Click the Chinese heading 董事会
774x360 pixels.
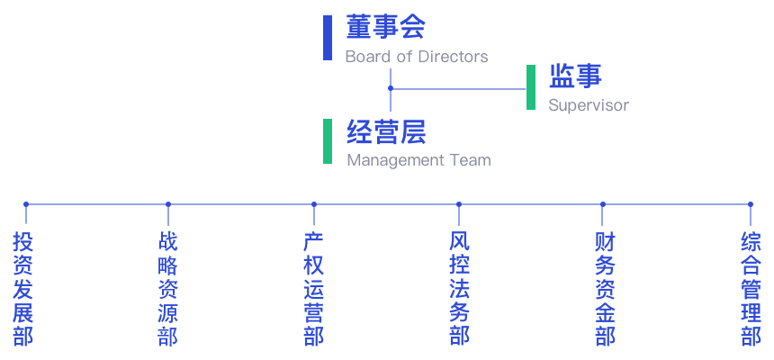385,27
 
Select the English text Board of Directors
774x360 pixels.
416,56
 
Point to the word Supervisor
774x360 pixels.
589,105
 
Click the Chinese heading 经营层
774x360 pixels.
385,132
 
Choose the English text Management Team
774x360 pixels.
418,161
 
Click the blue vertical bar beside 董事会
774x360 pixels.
328,38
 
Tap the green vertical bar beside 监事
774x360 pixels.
531,87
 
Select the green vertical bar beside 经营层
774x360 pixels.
328,141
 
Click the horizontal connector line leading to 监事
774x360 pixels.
459,89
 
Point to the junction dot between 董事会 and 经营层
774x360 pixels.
390,89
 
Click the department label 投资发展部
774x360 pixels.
23,289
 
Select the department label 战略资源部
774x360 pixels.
167,289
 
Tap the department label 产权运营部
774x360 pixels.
313,289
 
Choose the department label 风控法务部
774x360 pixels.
459,289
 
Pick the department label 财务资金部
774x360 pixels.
605,289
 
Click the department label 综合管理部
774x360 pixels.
751,289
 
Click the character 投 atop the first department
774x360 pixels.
23,242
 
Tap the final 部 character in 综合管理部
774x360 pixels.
751,336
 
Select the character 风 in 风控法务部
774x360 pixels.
459,242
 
